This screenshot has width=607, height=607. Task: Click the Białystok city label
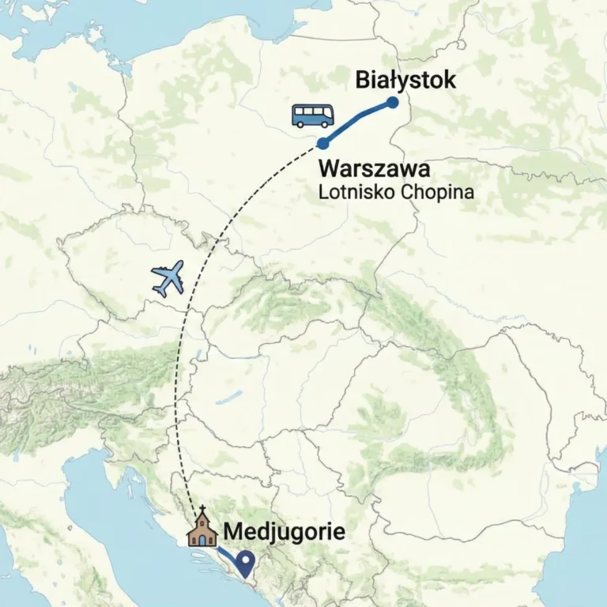[405, 80]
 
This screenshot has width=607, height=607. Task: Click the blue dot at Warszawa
[322, 144]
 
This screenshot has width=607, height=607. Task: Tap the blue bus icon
[313, 116]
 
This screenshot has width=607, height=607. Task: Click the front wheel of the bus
[324, 125]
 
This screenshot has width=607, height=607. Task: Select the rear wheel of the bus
[301, 125]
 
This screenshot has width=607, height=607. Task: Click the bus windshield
[331, 115]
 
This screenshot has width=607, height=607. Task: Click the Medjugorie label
[285, 531]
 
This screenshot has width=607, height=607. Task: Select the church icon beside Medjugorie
[202, 530]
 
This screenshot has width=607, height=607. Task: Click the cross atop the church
[202, 511]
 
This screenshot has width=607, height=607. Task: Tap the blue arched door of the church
[202, 539]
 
